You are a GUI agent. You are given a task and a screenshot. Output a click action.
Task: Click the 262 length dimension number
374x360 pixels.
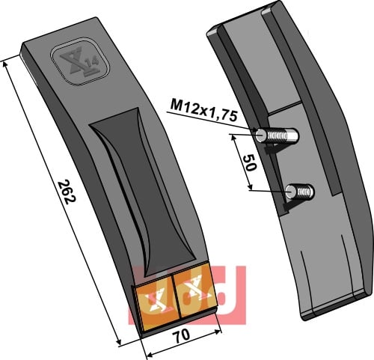click(67, 192)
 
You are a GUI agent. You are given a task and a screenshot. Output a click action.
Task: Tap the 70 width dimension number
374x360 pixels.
click(183, 335)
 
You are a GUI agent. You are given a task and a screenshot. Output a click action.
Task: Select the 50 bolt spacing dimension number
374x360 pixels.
click(249, 163)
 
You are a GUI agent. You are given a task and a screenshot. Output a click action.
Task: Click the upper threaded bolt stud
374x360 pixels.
click(277, 135)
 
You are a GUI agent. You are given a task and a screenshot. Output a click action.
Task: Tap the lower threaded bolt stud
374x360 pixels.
click(299, 192)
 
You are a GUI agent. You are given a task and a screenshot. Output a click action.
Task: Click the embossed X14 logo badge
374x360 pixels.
click(80, 61)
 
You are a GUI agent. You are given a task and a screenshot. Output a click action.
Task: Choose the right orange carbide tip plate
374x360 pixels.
click(194, 291)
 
